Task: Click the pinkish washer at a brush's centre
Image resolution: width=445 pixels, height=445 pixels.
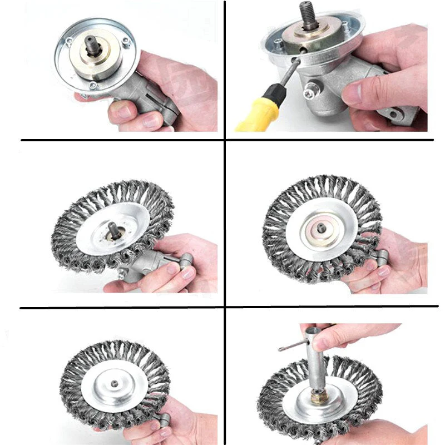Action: pos(323,228)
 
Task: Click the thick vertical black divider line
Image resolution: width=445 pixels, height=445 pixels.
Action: pos(224,222)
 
